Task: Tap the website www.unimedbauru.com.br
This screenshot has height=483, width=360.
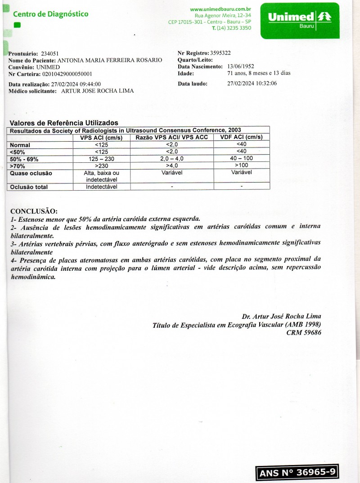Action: [x=220, y=9]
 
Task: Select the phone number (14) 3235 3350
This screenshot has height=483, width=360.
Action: [x=234, y=28]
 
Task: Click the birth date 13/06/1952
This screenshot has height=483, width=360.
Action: [x=241, y=67]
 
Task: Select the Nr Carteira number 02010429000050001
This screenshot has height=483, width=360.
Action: [x=67, y=74]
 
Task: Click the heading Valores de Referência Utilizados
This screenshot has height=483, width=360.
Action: [x=64, y=123]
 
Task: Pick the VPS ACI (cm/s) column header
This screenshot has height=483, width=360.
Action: [x=101, y=137]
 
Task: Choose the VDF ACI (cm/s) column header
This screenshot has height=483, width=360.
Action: [x=241, y=137]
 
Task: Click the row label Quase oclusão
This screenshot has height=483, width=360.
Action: [x=31, y=173]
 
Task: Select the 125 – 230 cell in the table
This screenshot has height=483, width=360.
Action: [x=101, y=159]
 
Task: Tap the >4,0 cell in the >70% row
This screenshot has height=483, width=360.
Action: [x=171, y=166]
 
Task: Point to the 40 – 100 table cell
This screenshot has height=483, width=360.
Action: [x=241, y=159]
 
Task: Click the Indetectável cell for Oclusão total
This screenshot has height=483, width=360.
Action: [x=101, y=187]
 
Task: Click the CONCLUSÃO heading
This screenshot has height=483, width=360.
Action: [x=34, y=211]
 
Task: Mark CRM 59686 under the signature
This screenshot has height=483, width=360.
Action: [x=304, y=333]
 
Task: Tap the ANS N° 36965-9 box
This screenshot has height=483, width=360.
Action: [x=297, y=473]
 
